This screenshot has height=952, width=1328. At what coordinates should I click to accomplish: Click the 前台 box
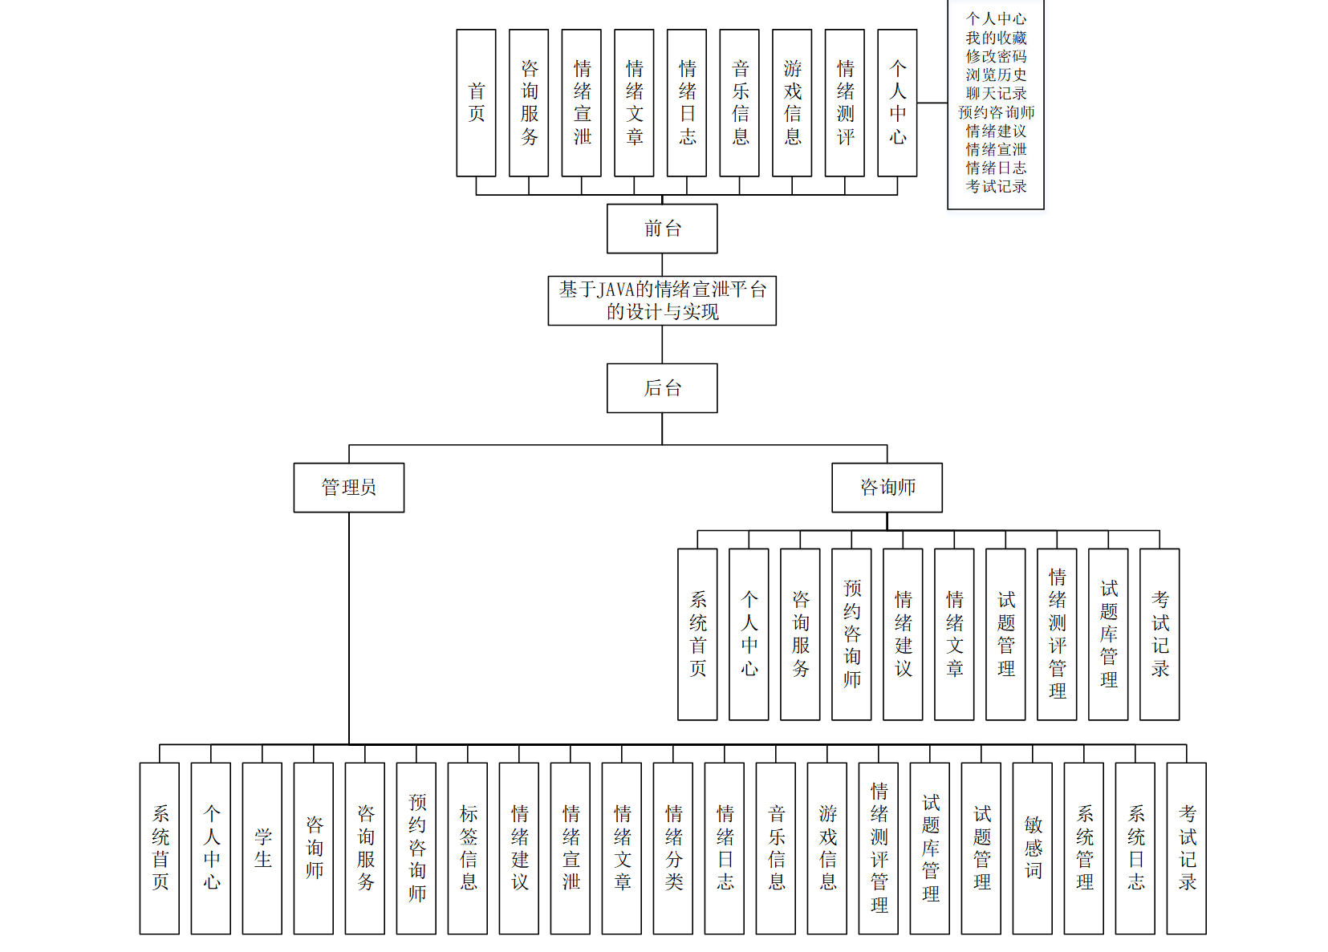click(662, 229)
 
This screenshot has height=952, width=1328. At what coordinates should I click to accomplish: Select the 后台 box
click(662, 388)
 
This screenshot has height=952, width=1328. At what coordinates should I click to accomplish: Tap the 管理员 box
click(349, 487)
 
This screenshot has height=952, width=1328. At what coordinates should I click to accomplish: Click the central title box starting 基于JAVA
click(662, 301)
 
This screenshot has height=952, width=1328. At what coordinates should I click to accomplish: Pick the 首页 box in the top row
click(476, 103)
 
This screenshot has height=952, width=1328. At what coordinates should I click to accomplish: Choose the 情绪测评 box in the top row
click(844, 103)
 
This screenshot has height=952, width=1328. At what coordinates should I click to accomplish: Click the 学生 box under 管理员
click(262, 848)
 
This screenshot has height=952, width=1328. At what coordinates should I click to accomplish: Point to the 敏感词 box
click(1033, 848)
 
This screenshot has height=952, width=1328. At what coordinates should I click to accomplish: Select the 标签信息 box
click(468, 848)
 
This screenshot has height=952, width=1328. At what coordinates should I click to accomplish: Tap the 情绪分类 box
click(673, 848)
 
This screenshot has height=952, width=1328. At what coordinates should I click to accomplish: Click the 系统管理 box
click(1084, 848)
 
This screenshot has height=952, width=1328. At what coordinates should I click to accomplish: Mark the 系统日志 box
click(1135, 848)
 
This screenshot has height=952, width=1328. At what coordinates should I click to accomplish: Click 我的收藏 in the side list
click(996, 38)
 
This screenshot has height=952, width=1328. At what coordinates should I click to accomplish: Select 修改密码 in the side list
click(996, 56)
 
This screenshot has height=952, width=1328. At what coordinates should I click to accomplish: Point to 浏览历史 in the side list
click(996, 75)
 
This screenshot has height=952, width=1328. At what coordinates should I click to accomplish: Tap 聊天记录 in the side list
click(996, 93)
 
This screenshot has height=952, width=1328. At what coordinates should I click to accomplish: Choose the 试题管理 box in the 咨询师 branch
click(1005, 634)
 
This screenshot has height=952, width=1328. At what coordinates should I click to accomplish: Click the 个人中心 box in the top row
click(897, 103)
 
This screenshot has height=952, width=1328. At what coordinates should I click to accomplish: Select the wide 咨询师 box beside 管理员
click(887, 487)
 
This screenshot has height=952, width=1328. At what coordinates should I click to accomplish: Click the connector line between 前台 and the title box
click(662, 265)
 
